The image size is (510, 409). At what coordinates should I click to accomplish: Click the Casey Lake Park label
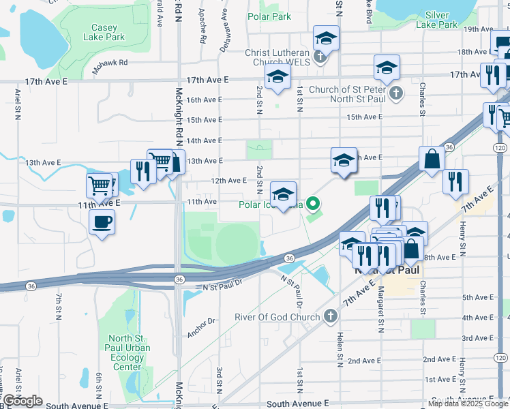pyautogui.click(x=104, y=33)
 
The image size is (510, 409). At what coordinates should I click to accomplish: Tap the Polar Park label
pyautogui.click(x=269, y=16)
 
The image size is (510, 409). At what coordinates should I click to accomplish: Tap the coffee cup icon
pyautogui.click(x=102, y=222)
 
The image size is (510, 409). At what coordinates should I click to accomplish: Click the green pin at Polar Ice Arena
pyautogui.click(x=313, y=202)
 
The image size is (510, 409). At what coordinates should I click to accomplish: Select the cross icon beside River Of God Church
pyautogui.click(x=330, y=316)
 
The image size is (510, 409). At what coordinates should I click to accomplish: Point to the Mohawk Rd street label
pyautogui.click(x=110, y=63)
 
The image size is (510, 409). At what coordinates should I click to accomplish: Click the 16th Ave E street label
pyautogui.click(x=204, y=100)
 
